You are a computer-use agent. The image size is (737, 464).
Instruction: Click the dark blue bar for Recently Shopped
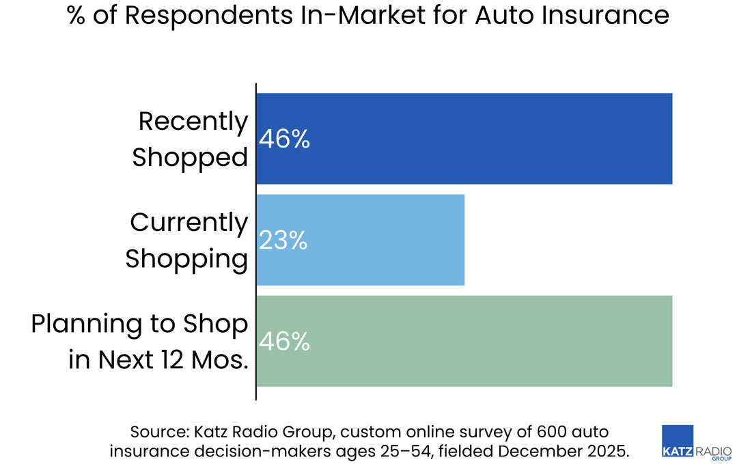click(x=464, y=139)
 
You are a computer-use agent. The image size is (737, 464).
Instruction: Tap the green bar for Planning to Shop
click(x=464, y=341)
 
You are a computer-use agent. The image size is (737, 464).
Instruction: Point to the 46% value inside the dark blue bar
click(x=284, y=139)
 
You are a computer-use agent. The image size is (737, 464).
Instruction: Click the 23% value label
click(x=283, y=241)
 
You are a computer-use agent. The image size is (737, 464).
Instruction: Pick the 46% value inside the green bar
click(x=284, y=341)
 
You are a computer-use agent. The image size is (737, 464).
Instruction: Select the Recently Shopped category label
click(x=191, y=139)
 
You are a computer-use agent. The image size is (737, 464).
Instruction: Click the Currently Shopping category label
click(x=187, y=241)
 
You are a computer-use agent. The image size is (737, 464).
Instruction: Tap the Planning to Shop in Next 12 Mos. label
click(x=140, y=341)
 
